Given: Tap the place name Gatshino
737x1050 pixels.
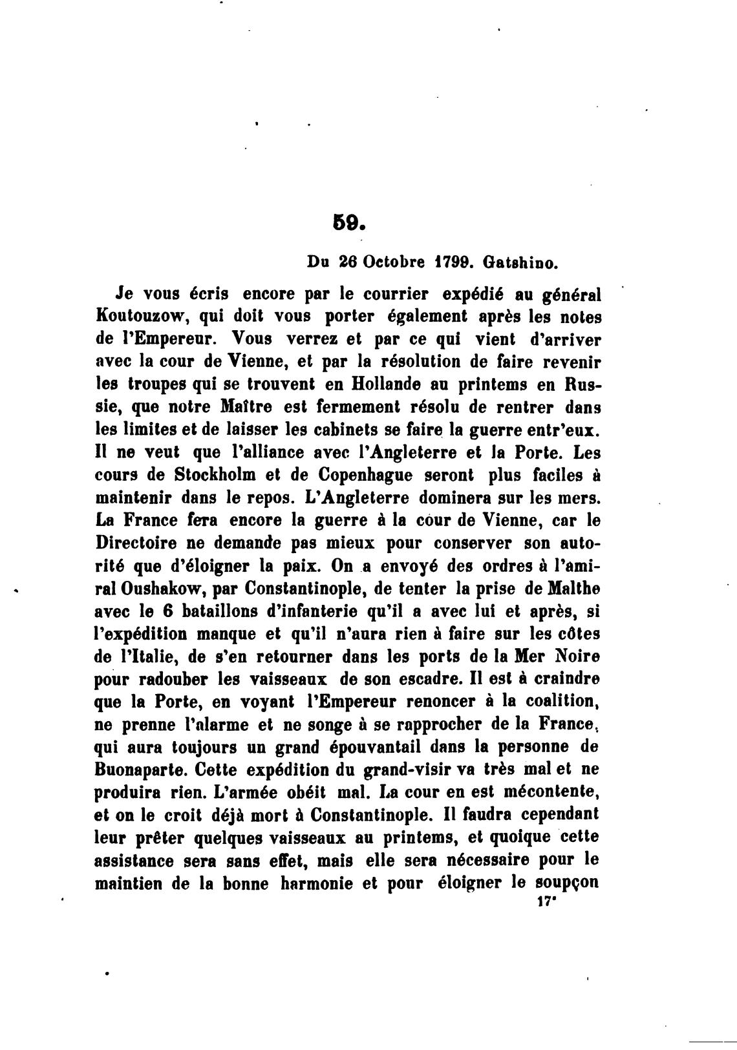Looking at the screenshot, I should pyautogui.click(x=523, y=264).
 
